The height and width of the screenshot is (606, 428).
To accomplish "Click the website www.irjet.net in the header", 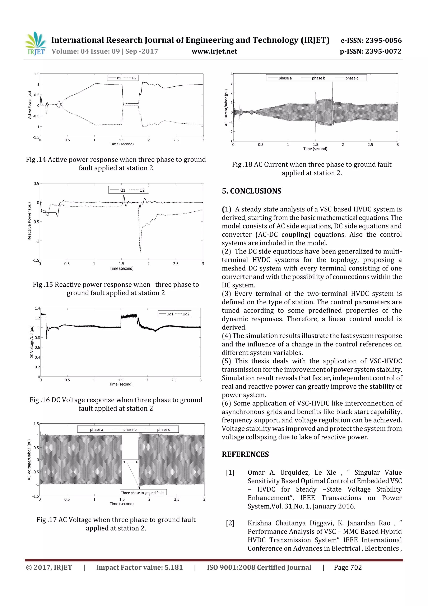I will click(x=214, y=51).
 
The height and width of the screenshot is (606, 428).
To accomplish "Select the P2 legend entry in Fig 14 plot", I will click(x=134, y=78).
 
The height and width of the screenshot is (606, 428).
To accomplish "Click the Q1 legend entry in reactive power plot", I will click(x=123, y=190).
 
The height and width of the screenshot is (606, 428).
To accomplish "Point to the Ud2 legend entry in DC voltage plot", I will click(x=186, y=314).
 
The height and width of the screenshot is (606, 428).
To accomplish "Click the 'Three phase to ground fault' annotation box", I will click(x=142, y=492).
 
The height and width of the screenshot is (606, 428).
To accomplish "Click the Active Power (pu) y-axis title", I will click(x=29, y=105).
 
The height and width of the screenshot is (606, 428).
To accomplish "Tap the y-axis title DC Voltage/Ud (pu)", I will click(x=31, y=342).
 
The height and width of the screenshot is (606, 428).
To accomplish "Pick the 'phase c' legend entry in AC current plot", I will click(x=352, y=78).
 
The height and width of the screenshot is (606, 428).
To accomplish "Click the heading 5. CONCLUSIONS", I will click(x=252, y=191).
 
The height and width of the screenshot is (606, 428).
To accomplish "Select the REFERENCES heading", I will click(x=245, y=454).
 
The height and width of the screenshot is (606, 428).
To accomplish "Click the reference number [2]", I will click(x=230, y=523).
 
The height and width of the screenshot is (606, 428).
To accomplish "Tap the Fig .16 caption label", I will click(x=39, y=400).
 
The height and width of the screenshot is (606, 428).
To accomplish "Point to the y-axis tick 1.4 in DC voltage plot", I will click(x=37, y=308).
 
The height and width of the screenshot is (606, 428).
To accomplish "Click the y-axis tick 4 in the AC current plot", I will click(x=232, y=74).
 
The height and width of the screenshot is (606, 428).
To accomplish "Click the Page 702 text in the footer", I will click(x=348, y=568).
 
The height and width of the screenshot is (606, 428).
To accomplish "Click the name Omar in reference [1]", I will click(x=256, y=473).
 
